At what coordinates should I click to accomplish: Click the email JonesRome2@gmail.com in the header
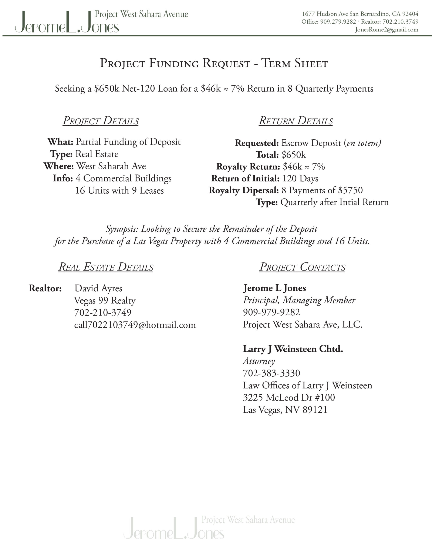tap(387, 30)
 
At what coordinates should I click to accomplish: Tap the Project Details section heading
tap(101, 121)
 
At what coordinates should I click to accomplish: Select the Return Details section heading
tap(296, 121)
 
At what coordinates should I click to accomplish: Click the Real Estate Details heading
tap(106, 267)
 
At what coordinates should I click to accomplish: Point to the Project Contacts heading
tap(302, 267)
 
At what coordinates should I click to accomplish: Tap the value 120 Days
tap(300, 178)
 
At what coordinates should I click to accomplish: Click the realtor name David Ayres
tap(98, 288)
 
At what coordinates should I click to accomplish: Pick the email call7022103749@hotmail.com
tap(135, 325)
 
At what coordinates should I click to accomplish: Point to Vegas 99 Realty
tap(105, 300)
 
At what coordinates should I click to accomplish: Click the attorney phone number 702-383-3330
tap(271, 373)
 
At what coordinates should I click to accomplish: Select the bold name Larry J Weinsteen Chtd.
tap(293, 349)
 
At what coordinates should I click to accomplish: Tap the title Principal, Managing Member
tap(299, 300)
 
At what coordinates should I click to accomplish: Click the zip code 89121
tap(315, 410)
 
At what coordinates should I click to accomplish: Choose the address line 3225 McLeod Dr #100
tap(289, 398)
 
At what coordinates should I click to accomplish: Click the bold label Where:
tap(59, 166)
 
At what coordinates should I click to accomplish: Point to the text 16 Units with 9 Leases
tap(119, 190)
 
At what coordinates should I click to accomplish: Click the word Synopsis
tap(122, 229)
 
